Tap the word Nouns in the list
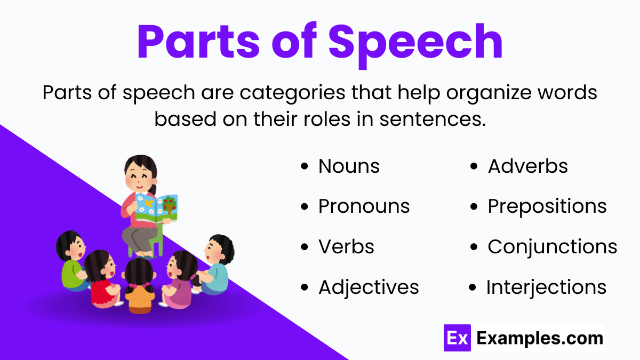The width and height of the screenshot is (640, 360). pyautogui.click(x=349, y=166)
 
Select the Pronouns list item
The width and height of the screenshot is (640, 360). pyautogui.click(x=364, y=206)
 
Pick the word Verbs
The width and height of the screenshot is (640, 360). pyautogui.click(x=346, y=247)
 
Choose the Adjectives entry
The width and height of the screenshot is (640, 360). pyautogui.click(x=369, y=287)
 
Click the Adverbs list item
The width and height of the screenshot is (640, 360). pyautogui.click(x=527, y=166)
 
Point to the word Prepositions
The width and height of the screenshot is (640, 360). pyautogui.click(x=547, y=206)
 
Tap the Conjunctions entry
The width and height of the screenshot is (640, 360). pyautogui.click(x=552, y=247)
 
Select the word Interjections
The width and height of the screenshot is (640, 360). pyautogui.click(x=546, y=287)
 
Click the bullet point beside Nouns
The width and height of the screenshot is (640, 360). pyautogui.click(x=305, y=167)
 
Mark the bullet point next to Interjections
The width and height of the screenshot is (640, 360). pyautogui.click(x=473, y=288)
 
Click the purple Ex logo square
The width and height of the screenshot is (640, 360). pyautogui.click(x=457, y=338)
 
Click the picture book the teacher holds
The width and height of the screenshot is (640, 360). pyautogui.click(x=156, y=208)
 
